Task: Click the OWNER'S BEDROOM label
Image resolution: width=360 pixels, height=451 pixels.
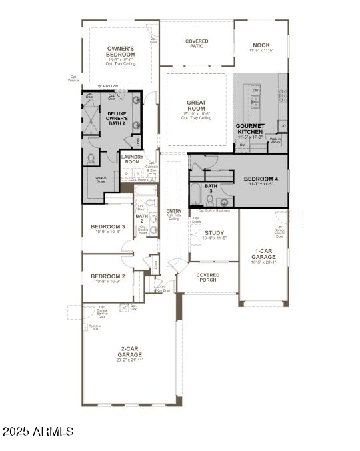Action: (x=121, y=51)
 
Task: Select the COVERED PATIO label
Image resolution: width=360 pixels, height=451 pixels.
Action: (x=196, y=44)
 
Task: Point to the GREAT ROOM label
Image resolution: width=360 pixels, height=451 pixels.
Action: (x=196, y=106)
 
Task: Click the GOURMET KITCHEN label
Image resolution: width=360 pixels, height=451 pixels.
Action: (x=251, y=129)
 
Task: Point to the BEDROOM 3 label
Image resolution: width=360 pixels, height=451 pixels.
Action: (x=108, y=226)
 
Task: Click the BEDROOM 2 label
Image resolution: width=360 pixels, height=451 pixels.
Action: (x=108, y=276)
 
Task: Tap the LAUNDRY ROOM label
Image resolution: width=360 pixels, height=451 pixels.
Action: (x=132, y=159)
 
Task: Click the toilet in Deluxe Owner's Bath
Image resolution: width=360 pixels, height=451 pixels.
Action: (x=91, y=159)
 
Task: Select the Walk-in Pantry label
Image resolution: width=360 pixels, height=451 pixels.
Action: (x=275, y=141)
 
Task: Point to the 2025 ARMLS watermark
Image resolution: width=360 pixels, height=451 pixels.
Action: (x=37, y=432)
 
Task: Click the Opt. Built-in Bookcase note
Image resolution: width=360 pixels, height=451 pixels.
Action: (x=216, y=211)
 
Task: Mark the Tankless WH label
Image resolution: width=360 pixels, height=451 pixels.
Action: (x=95, y=326)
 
